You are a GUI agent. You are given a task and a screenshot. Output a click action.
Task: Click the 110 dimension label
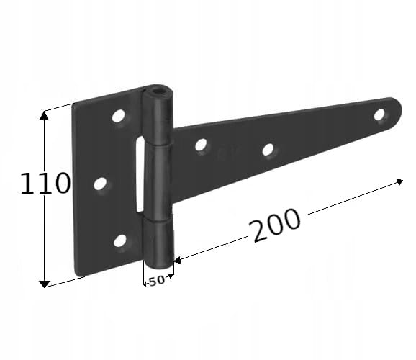[x=45, y=183]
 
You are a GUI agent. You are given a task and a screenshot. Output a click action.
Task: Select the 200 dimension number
[x=276, y=225]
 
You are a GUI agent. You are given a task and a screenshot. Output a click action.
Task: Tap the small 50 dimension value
[x=156, y=281]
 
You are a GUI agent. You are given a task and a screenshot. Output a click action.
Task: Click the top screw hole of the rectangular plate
[x=118, y=115]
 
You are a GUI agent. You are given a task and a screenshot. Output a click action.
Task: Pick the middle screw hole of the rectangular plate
[x=100, y=184]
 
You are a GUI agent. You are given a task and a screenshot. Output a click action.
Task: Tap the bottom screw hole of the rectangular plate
[x=120, y=240]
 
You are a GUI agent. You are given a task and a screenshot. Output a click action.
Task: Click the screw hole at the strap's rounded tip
[x=379, y=114]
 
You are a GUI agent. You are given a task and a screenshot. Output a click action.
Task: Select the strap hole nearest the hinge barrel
[x=201, y=145]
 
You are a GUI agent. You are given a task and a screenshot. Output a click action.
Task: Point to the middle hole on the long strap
[x=268, y=150]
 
